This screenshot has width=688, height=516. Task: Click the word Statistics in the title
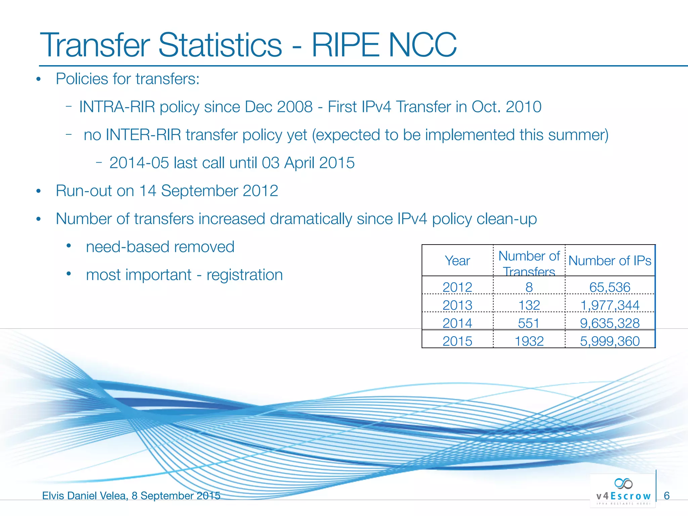(220, 45)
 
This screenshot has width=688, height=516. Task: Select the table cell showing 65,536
(610, 287)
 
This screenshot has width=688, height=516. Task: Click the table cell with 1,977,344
(610, 305)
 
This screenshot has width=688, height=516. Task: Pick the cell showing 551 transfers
(529, 323)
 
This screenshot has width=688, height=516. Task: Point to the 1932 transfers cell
(529, 341)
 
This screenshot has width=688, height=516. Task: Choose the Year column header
(457, 261)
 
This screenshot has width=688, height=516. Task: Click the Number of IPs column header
(610, 261)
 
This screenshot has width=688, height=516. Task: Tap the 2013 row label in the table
(457, 305)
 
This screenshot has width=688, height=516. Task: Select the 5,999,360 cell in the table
(610, 341)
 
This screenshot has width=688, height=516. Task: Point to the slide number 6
(667, 496)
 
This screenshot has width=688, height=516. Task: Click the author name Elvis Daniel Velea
(84, 496)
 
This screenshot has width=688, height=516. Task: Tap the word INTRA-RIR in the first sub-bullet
(117, 107)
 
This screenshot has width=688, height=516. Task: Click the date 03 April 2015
(308, 163)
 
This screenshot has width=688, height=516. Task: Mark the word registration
(245, 275)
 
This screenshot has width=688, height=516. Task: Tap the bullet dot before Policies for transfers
(38, 79)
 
